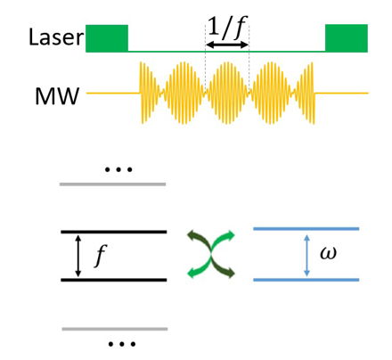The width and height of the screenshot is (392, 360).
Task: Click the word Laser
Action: coord(56,37)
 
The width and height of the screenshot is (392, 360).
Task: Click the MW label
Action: coord(57,96)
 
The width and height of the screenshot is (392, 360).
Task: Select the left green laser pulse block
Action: coord(107,38)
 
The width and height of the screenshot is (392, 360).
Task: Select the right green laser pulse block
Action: coord(347,38)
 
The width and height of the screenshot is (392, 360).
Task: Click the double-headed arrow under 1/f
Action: coord(227,45)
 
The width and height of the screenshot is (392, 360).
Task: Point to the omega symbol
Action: coord(329,253)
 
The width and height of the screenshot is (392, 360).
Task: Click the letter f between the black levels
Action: coord(101,256)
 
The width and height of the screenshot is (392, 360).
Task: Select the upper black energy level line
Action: coord(114,232)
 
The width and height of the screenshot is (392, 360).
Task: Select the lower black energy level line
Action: coord(114,280)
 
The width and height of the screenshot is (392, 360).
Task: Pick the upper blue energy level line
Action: coord(306,229)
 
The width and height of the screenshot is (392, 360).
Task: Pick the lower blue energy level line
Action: coord(306,280)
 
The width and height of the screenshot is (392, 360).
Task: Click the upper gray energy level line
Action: coord(113,184)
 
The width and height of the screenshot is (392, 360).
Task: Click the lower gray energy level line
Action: coord(115,329)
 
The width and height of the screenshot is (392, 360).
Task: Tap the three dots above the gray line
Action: coord(118,170)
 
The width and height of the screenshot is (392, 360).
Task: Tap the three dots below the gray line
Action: coord(122,344)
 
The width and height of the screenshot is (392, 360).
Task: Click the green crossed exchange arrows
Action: coord(211,255)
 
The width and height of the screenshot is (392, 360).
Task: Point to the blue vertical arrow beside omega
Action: coord(307,256)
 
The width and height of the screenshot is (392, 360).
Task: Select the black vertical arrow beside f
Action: coord(78,256)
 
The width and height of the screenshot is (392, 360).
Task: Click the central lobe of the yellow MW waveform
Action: coord(227,93)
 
